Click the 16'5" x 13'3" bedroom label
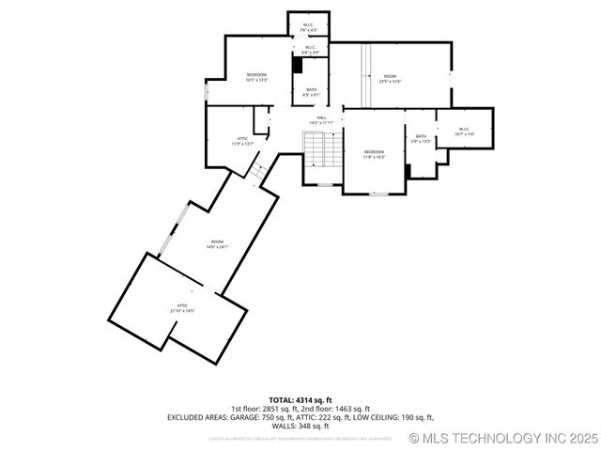(256, 78)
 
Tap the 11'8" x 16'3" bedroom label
(375, 154)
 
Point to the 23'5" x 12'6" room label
(390, 79)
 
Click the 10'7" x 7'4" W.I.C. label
(464, 132)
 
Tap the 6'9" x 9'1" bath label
(311, 92)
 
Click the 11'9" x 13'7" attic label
(242, 141)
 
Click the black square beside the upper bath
(298, 66)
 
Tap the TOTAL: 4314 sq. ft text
(300, 400)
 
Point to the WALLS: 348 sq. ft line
(300, 425)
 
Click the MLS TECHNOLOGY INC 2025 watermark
(502, 438)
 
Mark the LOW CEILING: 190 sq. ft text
(393, 416)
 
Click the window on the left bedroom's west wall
(207, 93)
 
